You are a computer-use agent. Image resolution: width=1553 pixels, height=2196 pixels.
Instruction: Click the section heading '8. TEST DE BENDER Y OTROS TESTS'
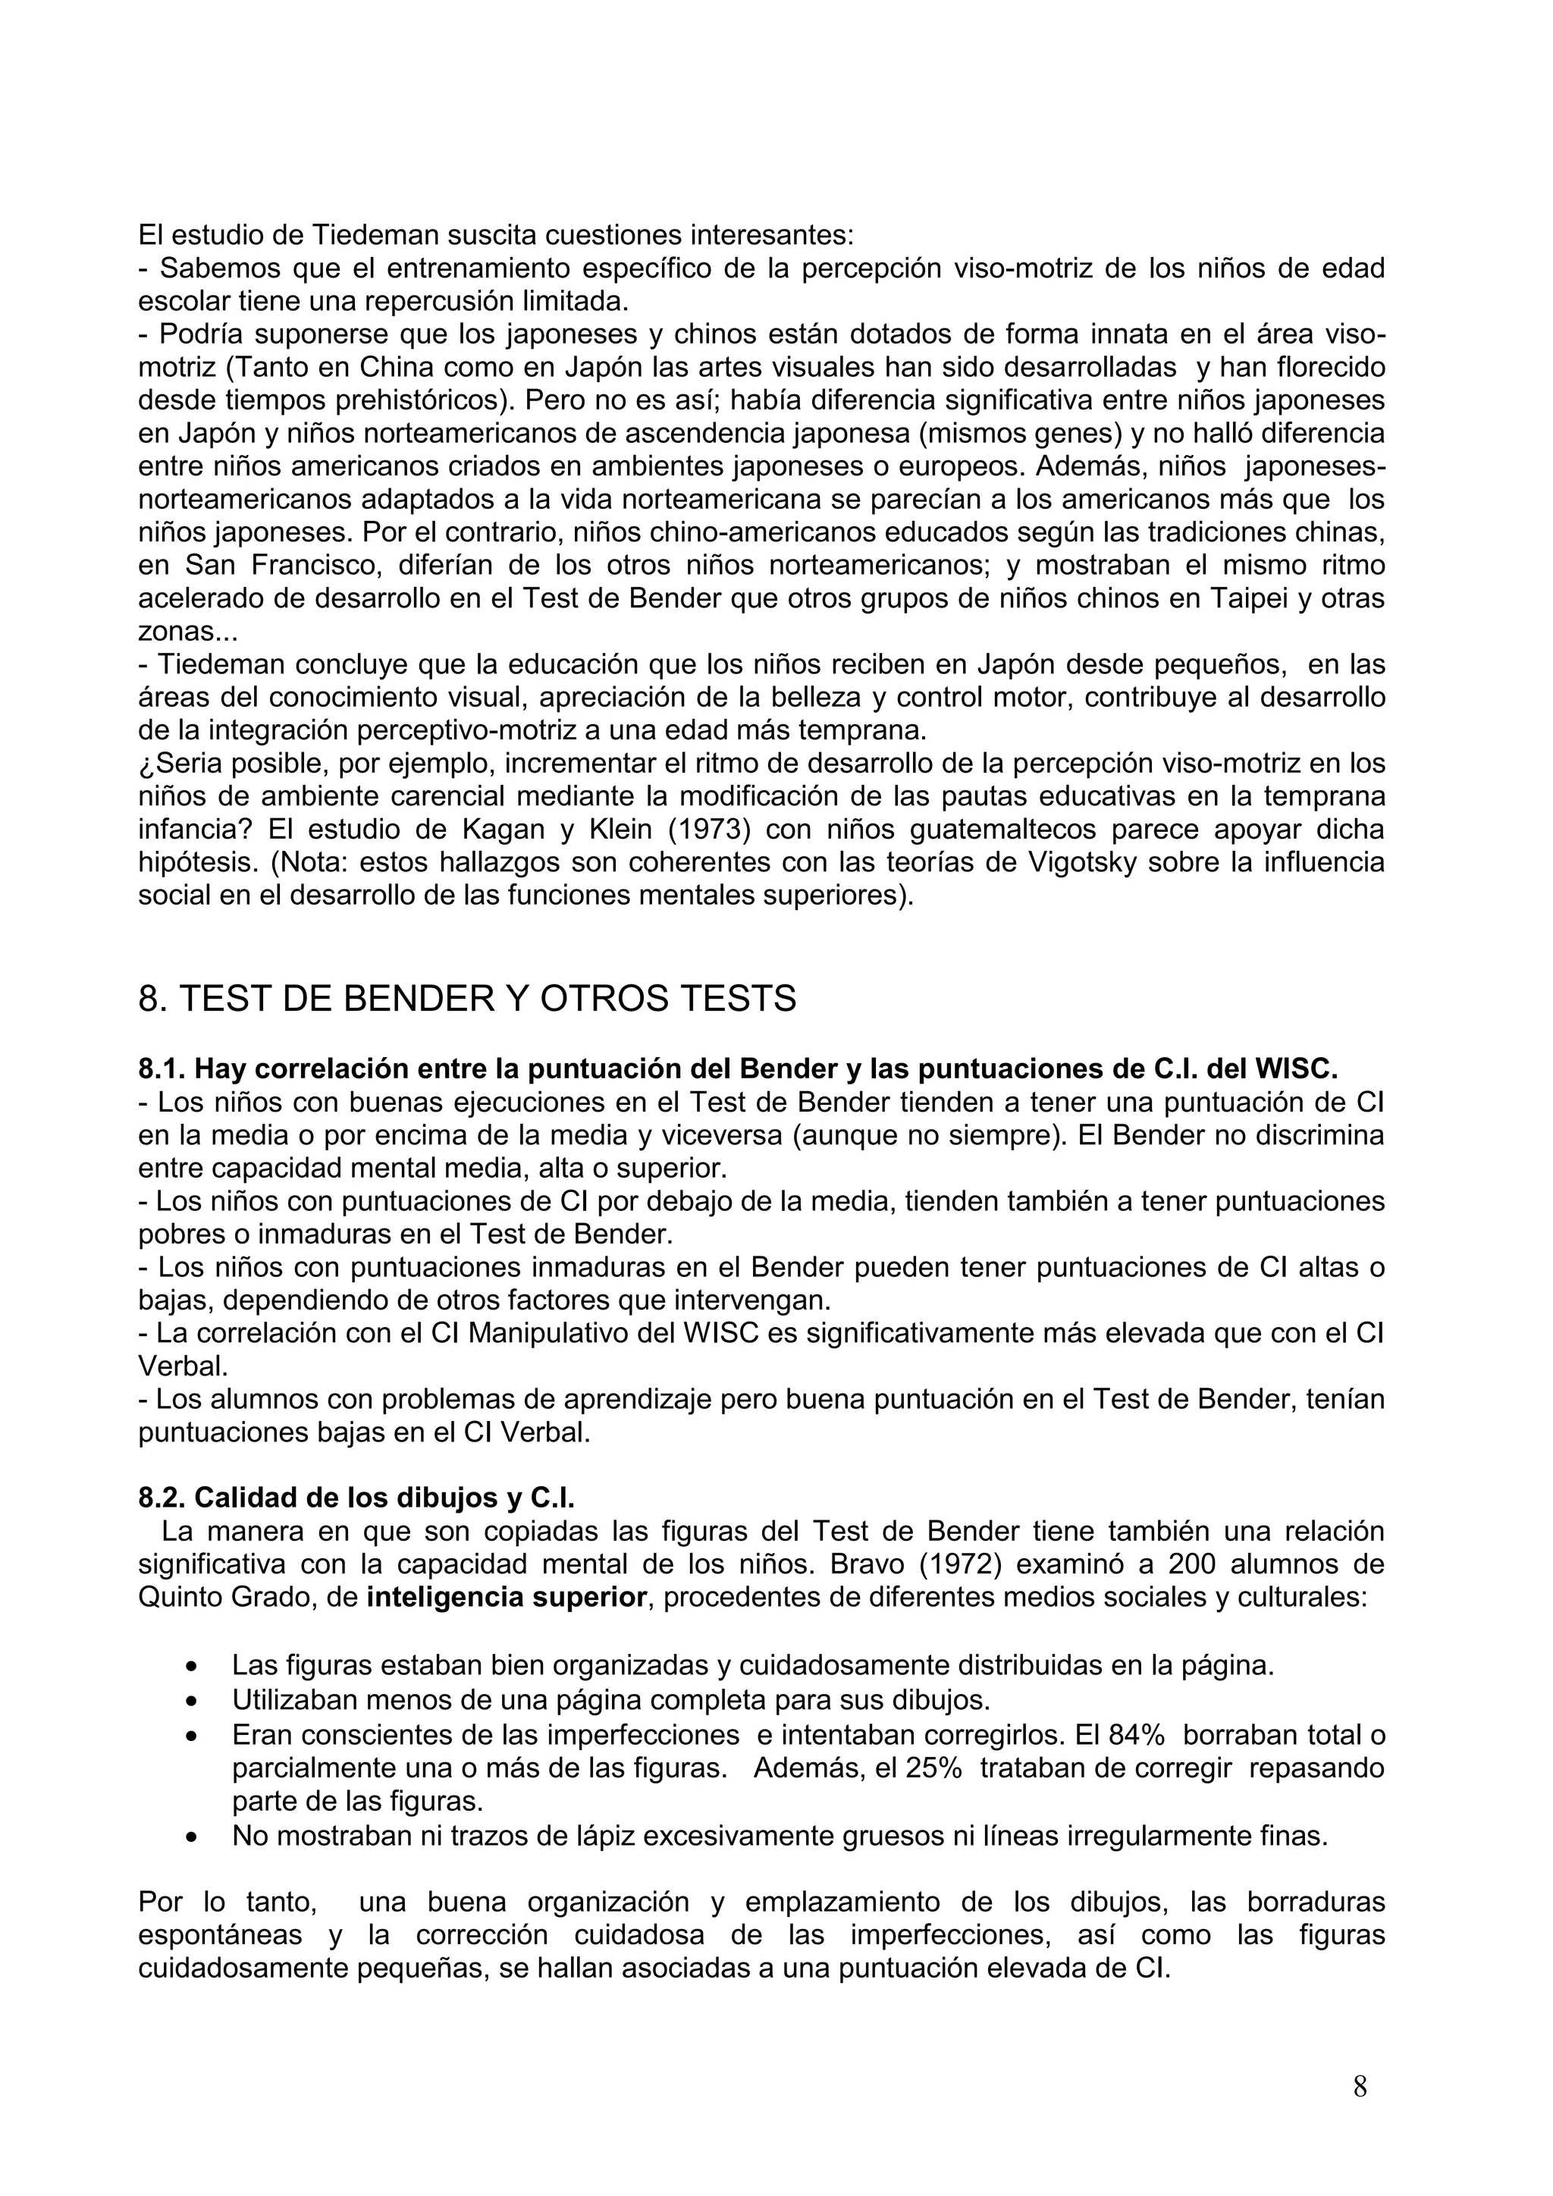[x=466, y=999]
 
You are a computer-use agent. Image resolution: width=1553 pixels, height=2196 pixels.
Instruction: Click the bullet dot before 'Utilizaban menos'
[x=194, y=1702]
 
